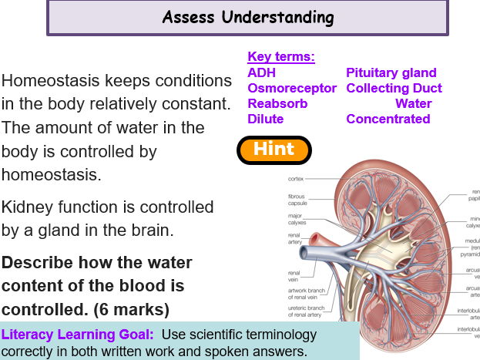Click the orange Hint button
coord(274,150)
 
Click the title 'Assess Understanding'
coord(248,17)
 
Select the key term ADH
coord(261,72)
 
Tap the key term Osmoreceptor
coord(292,88)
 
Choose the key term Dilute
coord(265,119)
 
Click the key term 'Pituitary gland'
coord(391,72)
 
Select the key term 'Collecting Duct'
coord(394,88)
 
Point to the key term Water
coord(413,103)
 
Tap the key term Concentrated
coord(388,119)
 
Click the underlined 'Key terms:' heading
coord(280,57)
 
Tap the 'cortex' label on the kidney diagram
coord(296,179)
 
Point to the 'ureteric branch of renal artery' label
coord(304,311)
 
